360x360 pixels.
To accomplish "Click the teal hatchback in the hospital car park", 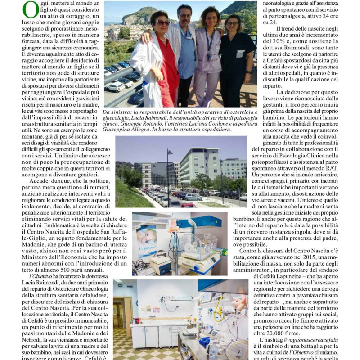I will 193,197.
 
